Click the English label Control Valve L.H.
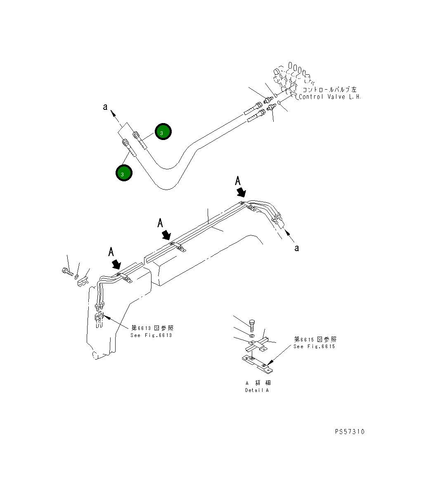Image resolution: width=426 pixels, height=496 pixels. tap(329, 97)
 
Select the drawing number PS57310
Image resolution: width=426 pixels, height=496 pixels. tap(350, 432)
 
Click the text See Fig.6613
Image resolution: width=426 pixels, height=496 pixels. tap(151, 335)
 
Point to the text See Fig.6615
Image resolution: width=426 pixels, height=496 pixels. tap(314, 346)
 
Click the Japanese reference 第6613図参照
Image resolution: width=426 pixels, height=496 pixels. tap(152, 328)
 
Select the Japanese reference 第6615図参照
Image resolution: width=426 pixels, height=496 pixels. tap(315, 339)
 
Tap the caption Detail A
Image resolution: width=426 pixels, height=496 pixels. tap(257, 390)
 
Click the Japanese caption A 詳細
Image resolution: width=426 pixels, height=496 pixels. tap(258, 383)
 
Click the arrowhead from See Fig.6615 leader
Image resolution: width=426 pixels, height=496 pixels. tap(268, 364)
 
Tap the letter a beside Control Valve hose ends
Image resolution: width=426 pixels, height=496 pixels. tap(105, 107)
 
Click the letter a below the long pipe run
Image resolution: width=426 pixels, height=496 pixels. tap(296, 248)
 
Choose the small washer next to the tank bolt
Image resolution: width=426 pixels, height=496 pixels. tap(77, 274)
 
